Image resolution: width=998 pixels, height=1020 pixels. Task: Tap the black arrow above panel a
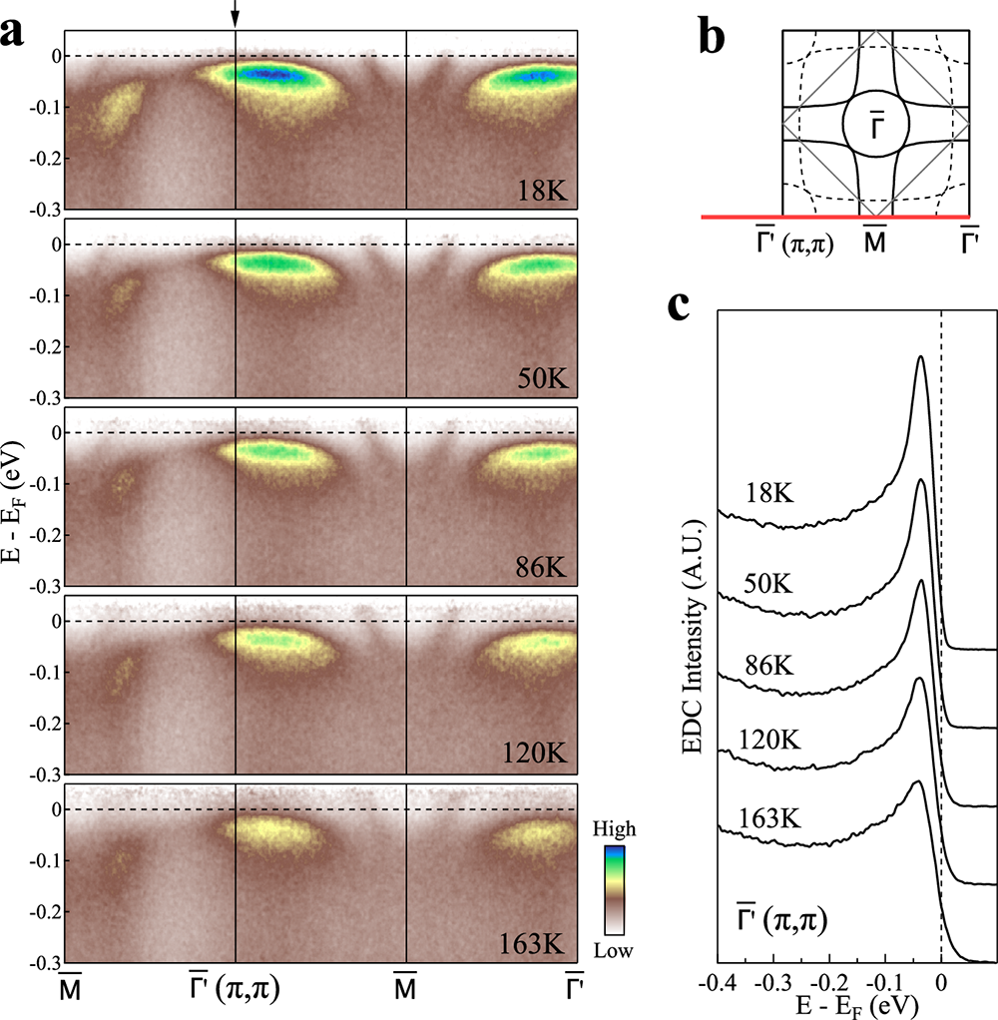[235, 13]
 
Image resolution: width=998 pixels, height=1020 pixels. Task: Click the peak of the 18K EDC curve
[920, 357]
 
